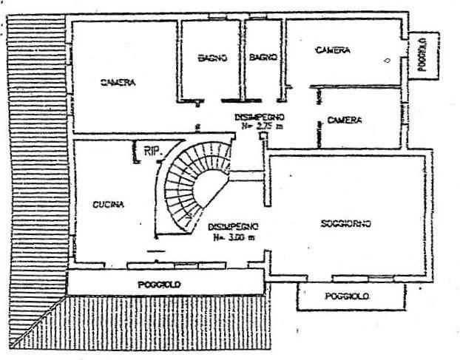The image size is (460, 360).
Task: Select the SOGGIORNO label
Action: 346,223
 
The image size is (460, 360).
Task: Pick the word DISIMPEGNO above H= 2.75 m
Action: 260,117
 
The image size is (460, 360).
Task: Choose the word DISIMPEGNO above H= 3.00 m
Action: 232,228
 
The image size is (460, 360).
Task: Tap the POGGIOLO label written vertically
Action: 422,55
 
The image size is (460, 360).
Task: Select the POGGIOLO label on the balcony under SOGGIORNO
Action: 347,296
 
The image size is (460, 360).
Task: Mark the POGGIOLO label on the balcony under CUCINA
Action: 160,284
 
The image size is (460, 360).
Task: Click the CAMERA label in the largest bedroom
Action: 118,83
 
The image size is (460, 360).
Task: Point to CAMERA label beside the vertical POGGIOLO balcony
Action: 332,50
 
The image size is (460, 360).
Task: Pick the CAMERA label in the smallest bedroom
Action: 345,120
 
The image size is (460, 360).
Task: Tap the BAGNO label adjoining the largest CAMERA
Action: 211,58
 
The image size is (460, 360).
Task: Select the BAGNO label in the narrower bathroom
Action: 263,57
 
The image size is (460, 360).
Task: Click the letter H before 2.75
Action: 245,126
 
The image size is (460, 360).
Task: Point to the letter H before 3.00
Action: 216,238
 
